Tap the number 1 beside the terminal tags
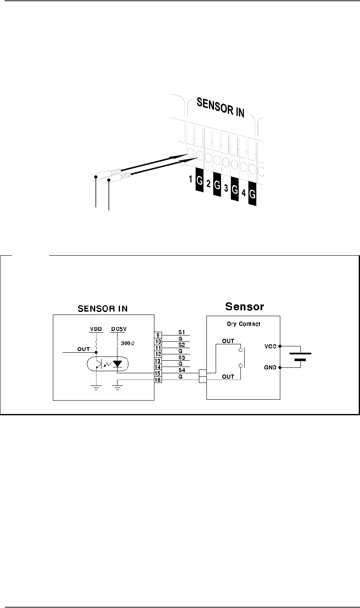pos(190,180)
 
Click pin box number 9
pos(158,335)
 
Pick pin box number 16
pos(158,380)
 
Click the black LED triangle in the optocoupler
pos(117,363)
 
